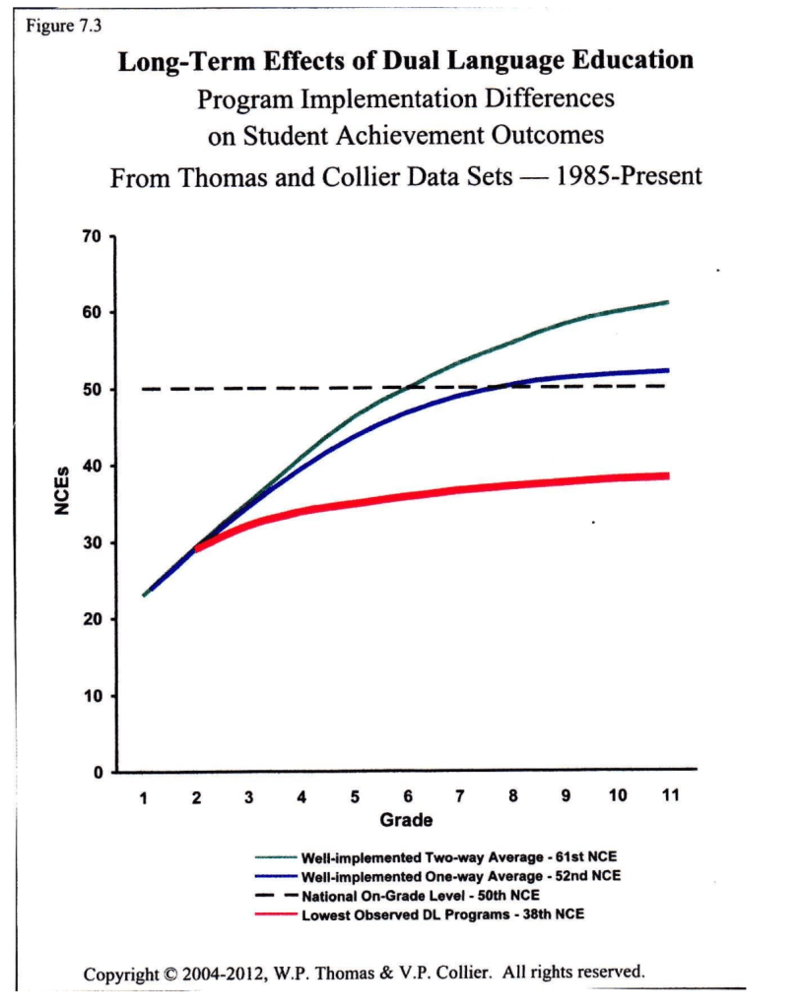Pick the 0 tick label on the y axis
pyautogui.click(x=98, y=773)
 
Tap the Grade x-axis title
pyautogui.click(x=405, y=819)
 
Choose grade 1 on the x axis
pyautogui.click(x=144, y=796)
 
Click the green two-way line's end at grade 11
pyautogui.click(x=669, y=301)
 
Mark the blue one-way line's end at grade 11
pyautogui.click(x=669, y=370)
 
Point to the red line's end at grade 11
pyautogui.click(x=669, y=475)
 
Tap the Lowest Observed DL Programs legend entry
pyautogui.click(x=441, y=914)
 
